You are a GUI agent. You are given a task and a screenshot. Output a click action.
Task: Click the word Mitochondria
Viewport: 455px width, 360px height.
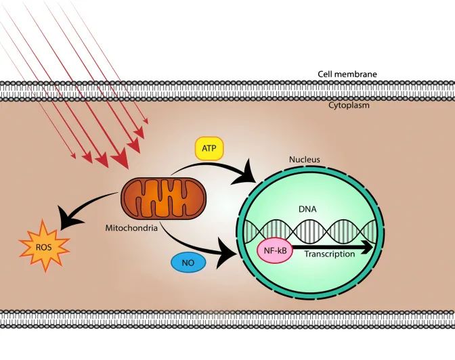coord(131,228)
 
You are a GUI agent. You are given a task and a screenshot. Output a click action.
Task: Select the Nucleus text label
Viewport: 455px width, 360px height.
coord(305,160)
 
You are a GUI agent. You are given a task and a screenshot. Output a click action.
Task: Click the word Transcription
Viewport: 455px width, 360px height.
coord(329,254)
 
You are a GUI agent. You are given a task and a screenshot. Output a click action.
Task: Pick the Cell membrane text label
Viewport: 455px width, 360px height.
coord(347,74)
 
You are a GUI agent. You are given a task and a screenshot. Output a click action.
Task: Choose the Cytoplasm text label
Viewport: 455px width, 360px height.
coord(349,106)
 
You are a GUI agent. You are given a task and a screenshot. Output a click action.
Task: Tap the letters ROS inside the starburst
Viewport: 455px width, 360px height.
coord(43,247)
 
